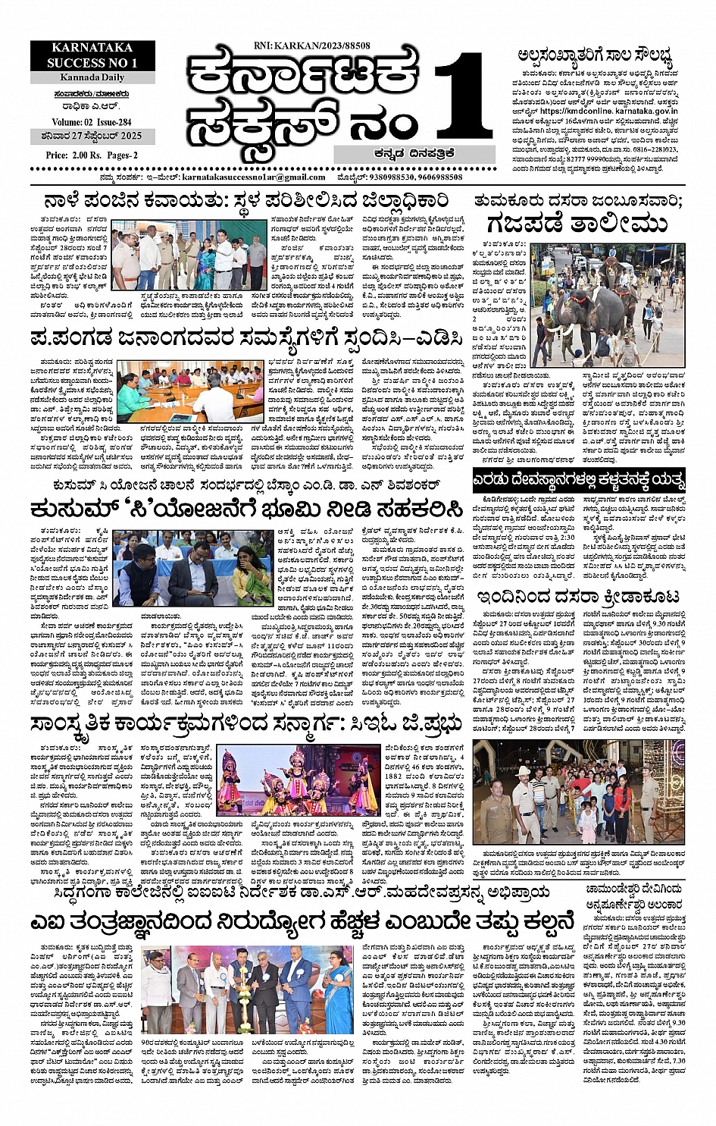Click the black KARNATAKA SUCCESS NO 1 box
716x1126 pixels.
click(92, 55)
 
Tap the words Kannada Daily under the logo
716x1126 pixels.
click(92, 78)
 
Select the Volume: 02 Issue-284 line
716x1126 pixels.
click(92, 121)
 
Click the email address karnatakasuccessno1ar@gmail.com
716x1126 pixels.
click(254, 177)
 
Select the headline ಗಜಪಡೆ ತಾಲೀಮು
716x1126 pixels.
click(577, 224)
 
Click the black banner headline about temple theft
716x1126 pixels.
click(579, 480)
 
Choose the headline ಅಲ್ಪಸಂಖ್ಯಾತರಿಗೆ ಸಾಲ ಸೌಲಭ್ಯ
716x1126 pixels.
click(596, 55)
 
